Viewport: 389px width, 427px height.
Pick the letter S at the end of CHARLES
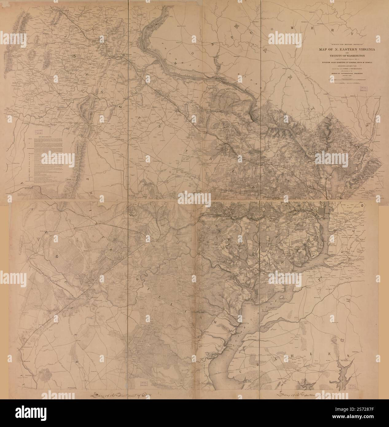tap(349, 355)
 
